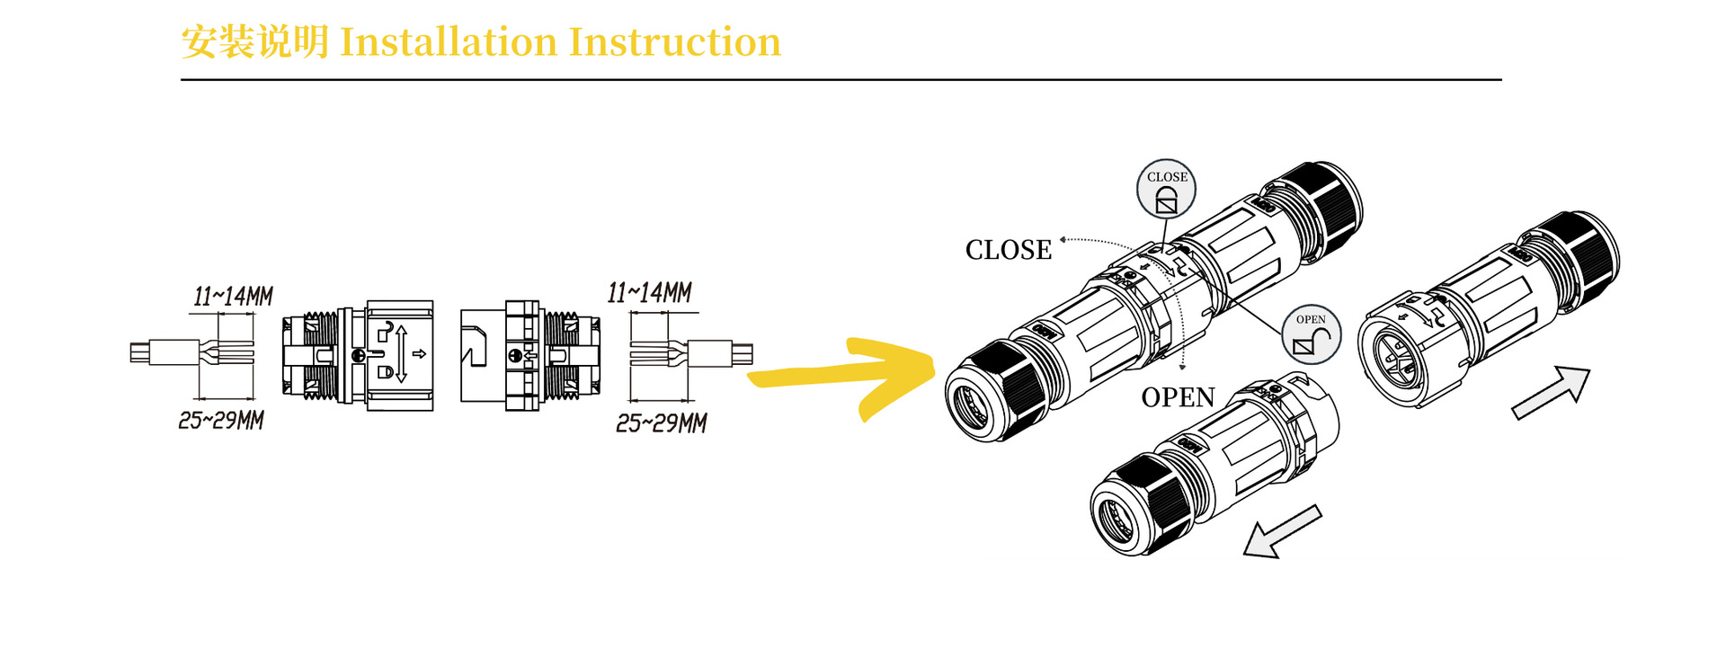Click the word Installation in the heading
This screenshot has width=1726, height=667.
pos(449,42)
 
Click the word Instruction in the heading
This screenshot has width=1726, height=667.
pos(674,42)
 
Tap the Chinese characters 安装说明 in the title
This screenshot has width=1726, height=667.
pos(254,42)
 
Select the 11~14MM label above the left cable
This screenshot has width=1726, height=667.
pos(233,297)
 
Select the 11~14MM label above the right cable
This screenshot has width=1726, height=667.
pos(649,293)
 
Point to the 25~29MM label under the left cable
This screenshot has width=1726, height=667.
pos(221,420)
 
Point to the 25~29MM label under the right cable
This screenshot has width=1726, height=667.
pos(662,423)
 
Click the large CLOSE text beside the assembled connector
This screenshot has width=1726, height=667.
pos(1008,250)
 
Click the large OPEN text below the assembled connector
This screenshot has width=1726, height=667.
pos(1178,397)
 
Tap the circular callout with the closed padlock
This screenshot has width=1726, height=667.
pos(1167,189)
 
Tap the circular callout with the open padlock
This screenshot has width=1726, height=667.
pos(1311,333)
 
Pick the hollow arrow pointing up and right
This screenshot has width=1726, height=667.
pos(1553,392)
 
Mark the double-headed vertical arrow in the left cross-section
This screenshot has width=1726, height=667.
pos(401,354)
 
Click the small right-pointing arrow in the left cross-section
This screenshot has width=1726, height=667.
pos(419,354)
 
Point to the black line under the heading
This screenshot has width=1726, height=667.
pos(841,80)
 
